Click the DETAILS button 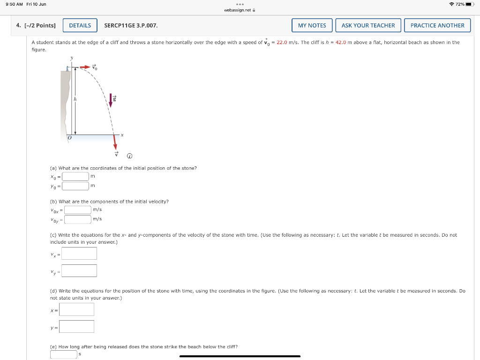click(x=80, y=25)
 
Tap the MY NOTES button click(x=312, y=25)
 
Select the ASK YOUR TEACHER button click(x=368, y=25)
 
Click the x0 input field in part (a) click(x=75, y=176)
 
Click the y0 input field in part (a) click(x=75, y=186)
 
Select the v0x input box click(x=78, y=210)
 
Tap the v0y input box click(x=78, y=219)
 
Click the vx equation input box click(x=79, y=254)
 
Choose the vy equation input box click(x=79, y=271)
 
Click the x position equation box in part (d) click(x=77, y=309)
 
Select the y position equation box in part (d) click(x=77, y=326)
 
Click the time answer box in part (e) click(x=64, y=354)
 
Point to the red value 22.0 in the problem click(x=282, y=42)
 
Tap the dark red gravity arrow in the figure click(x=112, y=99)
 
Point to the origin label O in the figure click(x=69, y=139)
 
